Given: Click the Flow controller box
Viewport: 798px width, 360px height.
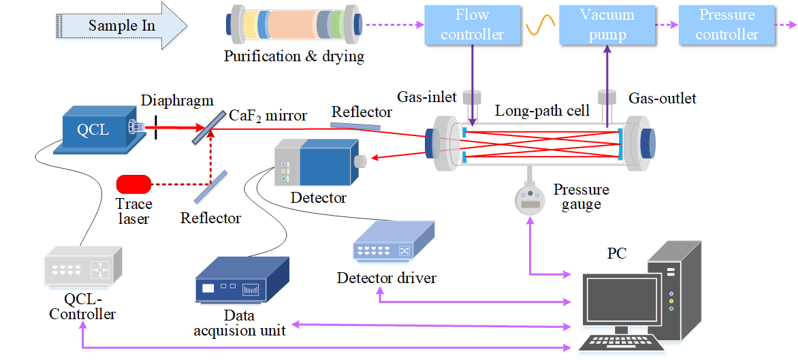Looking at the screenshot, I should [473, 24].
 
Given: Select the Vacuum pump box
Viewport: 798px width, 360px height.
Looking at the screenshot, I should [607, 24].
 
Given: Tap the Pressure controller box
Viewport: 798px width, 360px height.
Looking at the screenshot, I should [727, 24].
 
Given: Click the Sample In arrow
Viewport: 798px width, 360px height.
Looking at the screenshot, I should [123, 26].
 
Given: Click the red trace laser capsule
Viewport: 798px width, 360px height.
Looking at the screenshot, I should [133, 184].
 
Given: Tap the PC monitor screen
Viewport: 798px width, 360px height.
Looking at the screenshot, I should [613, 299].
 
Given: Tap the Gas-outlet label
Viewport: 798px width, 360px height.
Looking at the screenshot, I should [662, 99].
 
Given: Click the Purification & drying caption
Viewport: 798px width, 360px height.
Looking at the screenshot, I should [294, 56].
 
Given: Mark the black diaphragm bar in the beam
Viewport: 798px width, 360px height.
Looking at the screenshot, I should [156, 127].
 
